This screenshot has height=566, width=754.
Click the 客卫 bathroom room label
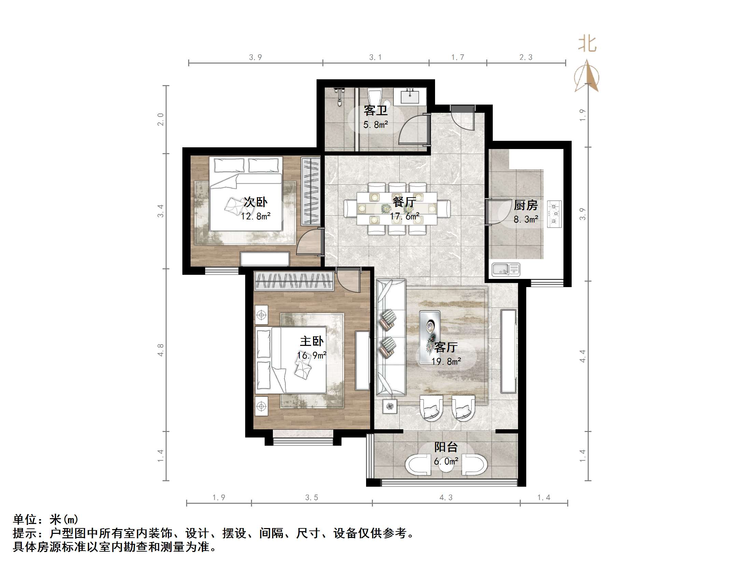tap(375, 110)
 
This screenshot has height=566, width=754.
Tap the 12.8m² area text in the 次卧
tap(255, 216)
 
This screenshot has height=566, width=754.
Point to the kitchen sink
tap(506, 270)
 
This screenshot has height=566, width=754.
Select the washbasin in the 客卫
tap(410, 97)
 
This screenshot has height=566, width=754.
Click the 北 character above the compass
tap(587, 44)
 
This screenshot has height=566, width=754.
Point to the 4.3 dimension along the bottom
tap(446, 498)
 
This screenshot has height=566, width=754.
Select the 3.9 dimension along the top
tap(255, 57)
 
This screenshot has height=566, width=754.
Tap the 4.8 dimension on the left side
tap(160, 350)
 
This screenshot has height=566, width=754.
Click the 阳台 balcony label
tap(446, 447)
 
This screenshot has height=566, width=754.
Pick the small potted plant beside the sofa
tap(390, 406)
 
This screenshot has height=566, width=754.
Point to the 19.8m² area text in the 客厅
tap(446, 361)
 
